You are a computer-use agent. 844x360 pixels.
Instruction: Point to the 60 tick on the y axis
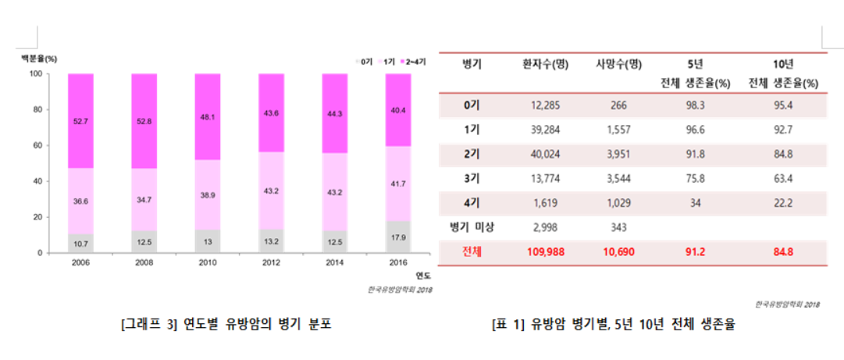coord(35,145)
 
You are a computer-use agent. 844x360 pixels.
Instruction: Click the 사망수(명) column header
coord(618,65)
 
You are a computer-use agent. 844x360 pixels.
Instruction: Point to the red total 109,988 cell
coord(545,253)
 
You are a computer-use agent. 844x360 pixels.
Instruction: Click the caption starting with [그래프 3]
coord(226,323)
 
